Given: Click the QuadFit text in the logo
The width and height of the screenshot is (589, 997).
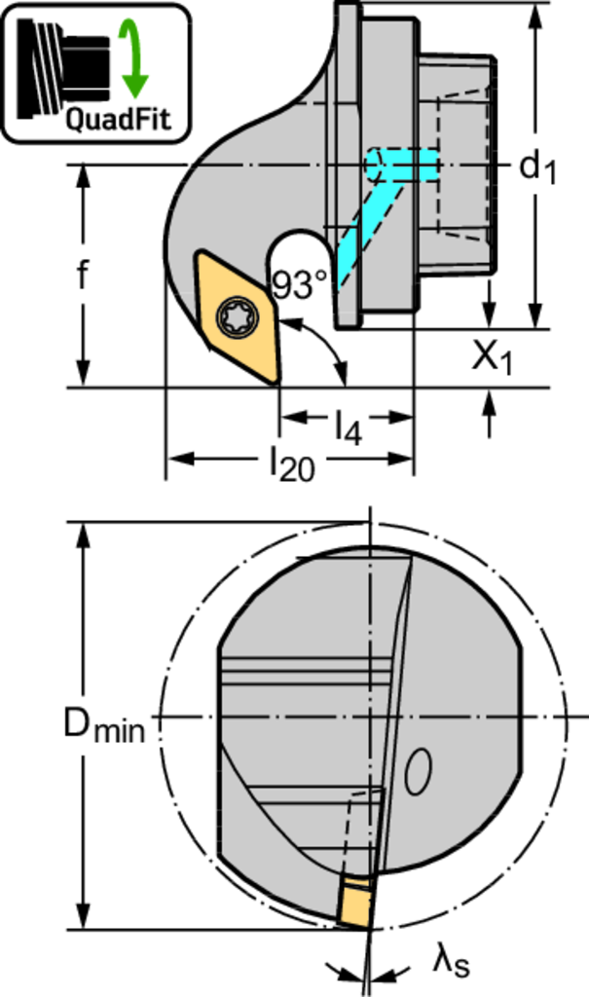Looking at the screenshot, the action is (x=119, y=119).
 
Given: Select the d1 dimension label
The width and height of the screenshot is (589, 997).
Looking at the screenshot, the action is (x=537, y=167).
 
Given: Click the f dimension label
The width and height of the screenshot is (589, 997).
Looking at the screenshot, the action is (x=82, y=274).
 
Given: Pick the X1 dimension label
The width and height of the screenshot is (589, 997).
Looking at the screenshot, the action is (x=492, y=358).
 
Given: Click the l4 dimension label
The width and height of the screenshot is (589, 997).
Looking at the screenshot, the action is (x=349, y=426).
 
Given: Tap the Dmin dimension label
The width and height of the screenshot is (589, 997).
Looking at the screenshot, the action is (x=104, y=725).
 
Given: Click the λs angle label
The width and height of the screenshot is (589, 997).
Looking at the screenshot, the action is (x=452, y=962).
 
